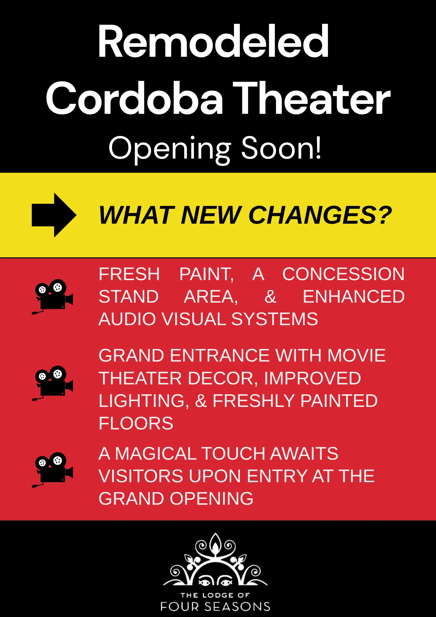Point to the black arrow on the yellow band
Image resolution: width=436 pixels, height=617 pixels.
54,215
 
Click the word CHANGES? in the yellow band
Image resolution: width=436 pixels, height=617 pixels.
320,215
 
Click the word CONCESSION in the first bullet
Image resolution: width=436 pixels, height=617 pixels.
343,274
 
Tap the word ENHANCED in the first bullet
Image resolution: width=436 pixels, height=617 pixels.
353,296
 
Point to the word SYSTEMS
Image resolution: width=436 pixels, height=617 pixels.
274,319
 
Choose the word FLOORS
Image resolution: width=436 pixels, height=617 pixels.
136,423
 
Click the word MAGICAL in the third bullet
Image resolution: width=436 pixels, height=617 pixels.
155,453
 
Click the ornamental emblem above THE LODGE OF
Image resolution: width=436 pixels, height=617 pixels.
215,560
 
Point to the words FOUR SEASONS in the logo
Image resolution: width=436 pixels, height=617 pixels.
215,607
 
